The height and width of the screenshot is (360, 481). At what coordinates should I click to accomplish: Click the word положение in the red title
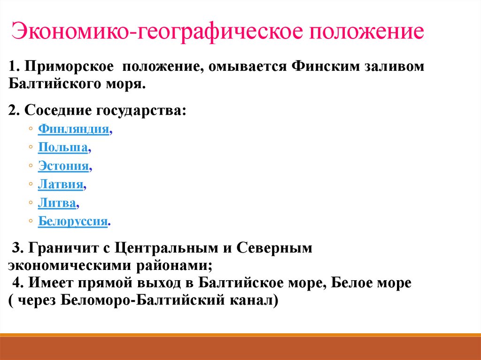(366, 32)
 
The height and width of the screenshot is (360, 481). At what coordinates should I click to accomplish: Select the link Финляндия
(74, 129)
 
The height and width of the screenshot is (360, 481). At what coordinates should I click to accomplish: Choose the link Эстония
(63, 166)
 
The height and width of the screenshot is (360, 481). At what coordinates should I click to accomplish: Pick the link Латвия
(61, 184)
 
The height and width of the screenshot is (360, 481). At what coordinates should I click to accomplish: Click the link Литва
(57, 202)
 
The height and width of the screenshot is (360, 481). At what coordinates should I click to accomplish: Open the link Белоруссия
(73, 221)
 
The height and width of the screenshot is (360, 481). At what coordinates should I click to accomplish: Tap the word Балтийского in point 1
(52, 84)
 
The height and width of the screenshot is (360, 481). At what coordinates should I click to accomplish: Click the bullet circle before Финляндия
(31, 129)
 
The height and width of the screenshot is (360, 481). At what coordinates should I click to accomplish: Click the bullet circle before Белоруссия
(31, 221)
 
